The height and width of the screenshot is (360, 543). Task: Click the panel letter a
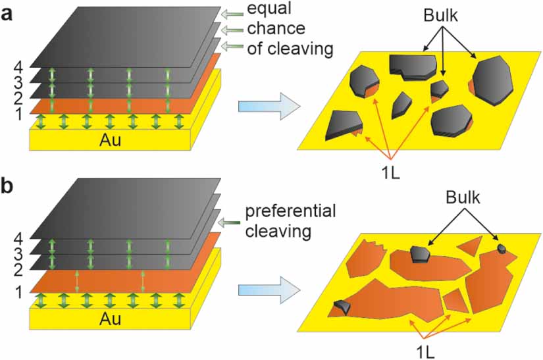click(x=9, y=13)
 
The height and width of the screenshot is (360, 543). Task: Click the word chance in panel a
click(x=276, y=30)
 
